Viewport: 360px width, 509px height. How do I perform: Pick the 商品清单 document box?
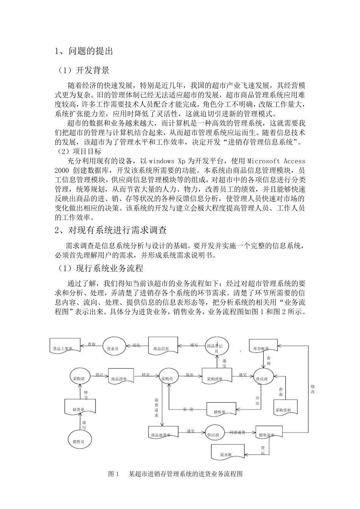pyautogui.click(x=121, y=378)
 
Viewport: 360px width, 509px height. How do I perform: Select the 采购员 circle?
pyautogui.click(x=169, y=378)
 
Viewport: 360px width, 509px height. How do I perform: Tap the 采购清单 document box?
pyautogui.click(x=217, y=378)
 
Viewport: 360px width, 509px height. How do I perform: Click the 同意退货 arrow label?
pyautogui.click(x=237, y=432)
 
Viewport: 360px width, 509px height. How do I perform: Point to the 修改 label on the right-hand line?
pyautogui.click(x=313, y=389)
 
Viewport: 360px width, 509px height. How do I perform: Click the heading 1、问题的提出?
pyautogui.click(x=84, y=51)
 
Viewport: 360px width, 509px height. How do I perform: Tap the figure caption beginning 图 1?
pyautogui.click(x=175, y=474)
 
